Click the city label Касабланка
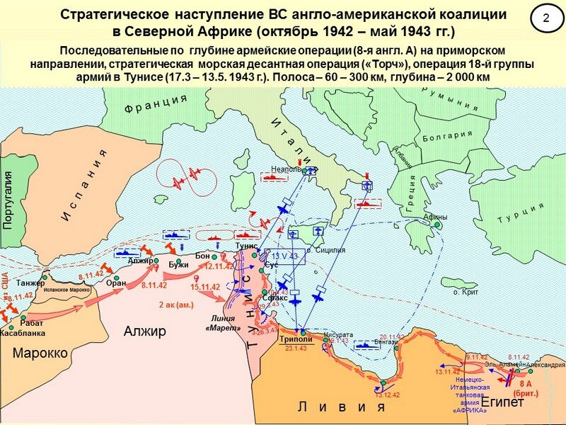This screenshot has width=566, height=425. click(22, 332)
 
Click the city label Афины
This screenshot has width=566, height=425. click(435, 217)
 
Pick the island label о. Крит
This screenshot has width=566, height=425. click(465, 292)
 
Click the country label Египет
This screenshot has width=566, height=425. click(502, 402)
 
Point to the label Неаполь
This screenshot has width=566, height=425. click(286, 169)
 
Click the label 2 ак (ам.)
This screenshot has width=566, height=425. click(175, 305)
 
